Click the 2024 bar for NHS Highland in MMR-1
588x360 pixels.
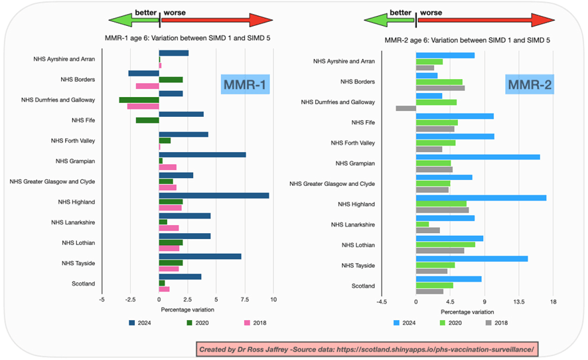click(x=214, y=195)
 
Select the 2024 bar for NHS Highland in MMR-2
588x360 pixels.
click(x=481, y=197)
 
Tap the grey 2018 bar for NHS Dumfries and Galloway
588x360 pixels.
click(x=406, y=108)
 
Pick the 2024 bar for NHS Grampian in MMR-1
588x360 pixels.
click(x=202, y=155)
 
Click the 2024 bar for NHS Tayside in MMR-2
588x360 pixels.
click(x=472, y=258)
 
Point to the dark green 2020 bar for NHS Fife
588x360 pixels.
click(x=147, y=120)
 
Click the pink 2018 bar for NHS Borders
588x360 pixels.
click(x=147, y=86)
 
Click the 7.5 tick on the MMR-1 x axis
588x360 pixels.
click(x=244, y=300)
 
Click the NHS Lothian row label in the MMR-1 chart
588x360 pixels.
click(x=77, y=243)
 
